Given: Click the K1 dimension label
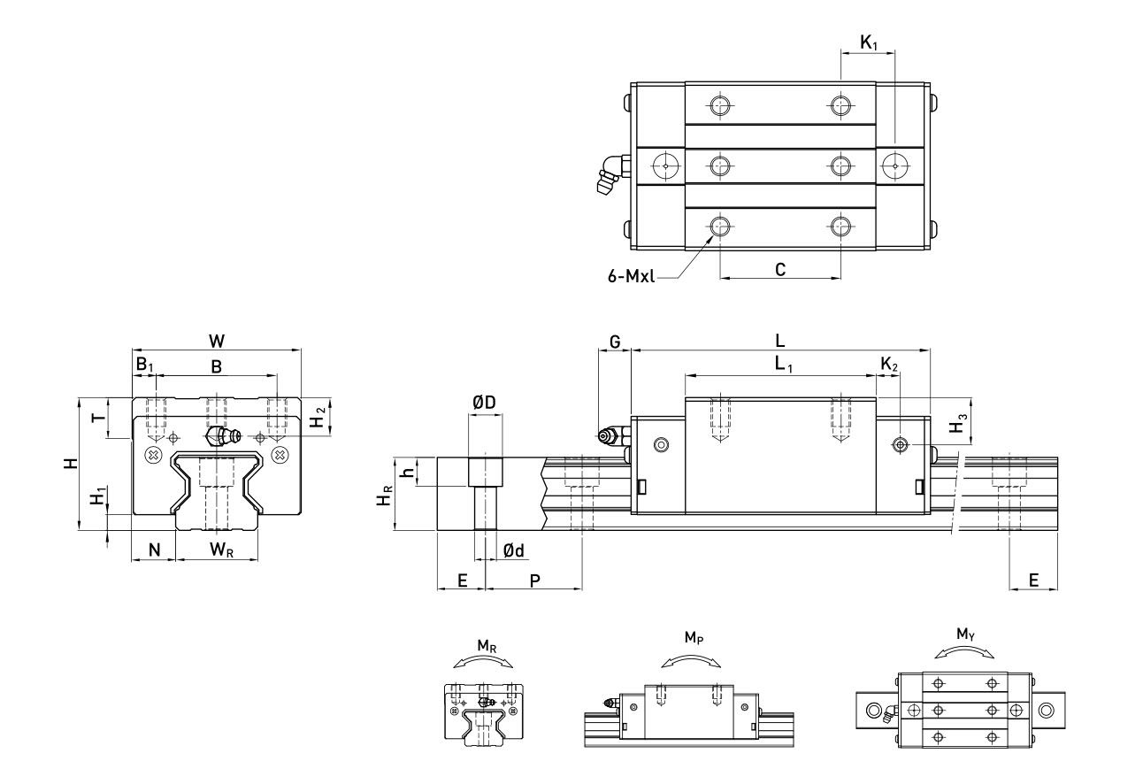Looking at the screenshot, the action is (869, 42).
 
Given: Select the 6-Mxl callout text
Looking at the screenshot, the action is (631, 276).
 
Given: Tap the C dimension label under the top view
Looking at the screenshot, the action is (780, 269).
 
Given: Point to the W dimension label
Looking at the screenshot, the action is (217, 341).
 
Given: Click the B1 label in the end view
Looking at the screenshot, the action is (144, 365).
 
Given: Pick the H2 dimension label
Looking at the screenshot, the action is (318, 417).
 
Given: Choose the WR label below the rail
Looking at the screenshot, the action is (222, 550).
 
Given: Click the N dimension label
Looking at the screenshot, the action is (154, 550).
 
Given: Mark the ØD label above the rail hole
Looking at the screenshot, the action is (484, 403).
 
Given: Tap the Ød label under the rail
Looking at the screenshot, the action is (513, 550).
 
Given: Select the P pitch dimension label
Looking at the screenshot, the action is (534, 581).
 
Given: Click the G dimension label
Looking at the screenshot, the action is (615, 342).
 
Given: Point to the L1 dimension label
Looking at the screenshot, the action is (783, 365).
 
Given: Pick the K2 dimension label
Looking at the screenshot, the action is (889, 365).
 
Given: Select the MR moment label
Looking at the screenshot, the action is (487, 646).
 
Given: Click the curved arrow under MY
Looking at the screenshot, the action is (964, 651).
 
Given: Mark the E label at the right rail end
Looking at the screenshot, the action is (1033, 581).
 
